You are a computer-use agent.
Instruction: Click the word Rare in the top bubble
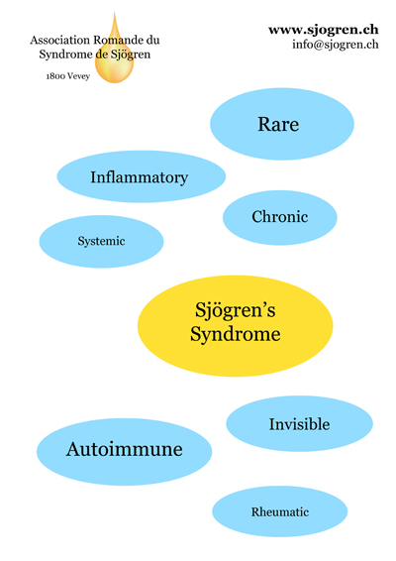(278, 125)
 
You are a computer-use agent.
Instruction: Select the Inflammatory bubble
(142, 176)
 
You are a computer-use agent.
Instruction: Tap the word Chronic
(280, 217)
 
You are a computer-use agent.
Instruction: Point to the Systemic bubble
(101, 242)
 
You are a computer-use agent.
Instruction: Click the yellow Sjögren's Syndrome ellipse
(236, 325)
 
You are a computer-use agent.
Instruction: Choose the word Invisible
(300, 424)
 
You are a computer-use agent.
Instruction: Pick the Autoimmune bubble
(124, 452)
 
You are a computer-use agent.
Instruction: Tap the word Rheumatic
(280, 512)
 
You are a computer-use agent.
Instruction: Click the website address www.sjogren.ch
(324, 30)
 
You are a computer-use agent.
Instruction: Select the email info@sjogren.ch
(336, 45)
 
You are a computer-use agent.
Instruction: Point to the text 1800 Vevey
(68, 76)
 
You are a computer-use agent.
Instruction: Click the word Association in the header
(59, 40)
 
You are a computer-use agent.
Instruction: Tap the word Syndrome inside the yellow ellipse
(236, 335)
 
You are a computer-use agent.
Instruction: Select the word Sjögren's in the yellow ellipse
(236, 310)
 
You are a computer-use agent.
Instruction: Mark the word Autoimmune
(124, 449)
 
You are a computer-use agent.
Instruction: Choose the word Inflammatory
(139, 177)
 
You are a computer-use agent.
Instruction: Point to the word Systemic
(101, 242)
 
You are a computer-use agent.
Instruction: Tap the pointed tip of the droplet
(115, 12)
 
